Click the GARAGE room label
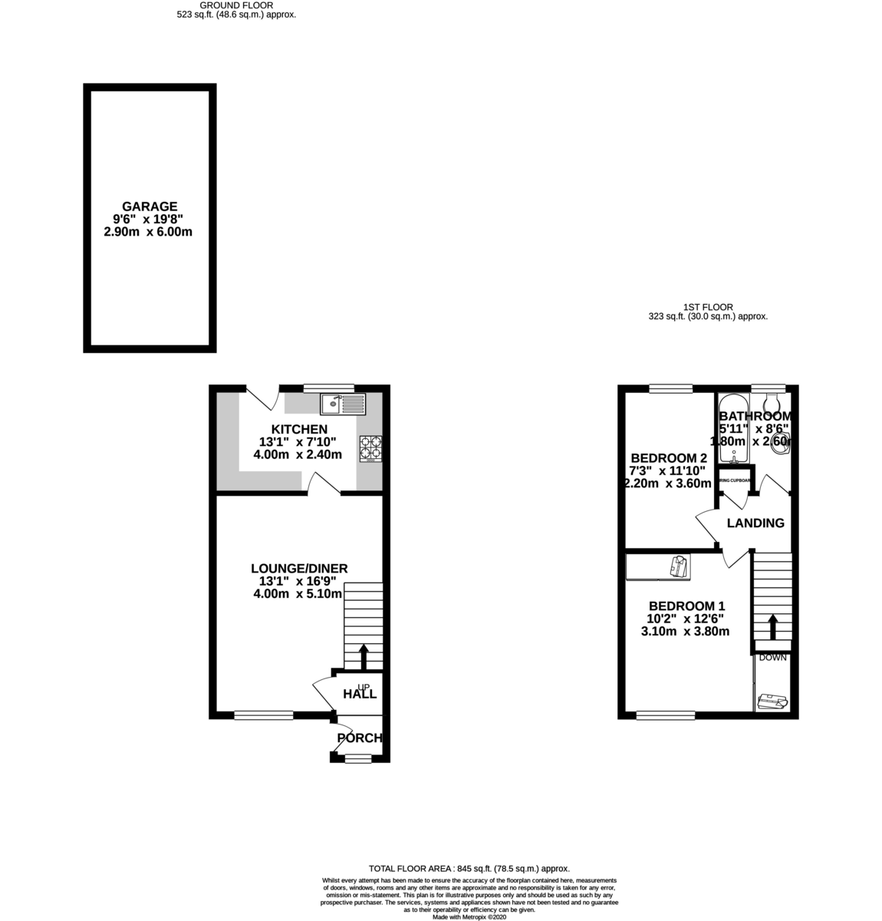[x=150, y=206]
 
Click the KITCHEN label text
[x=299, y=429]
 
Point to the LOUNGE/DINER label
[x=299, y=568]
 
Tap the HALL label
[x=360, y=694]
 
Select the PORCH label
[x=359, y=738]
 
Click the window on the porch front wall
[x=356, y=758]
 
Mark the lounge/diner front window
[x=263, y=715]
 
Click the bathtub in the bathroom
[x=734, y=430]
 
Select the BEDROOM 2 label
[x=668, y=458]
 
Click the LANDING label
[x=755, y=523]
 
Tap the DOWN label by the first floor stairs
[x=772, y=658]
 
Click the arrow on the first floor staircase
[x=772, y=626]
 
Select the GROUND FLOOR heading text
[x=236, y=5]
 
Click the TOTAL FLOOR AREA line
[x=469, y=868]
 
